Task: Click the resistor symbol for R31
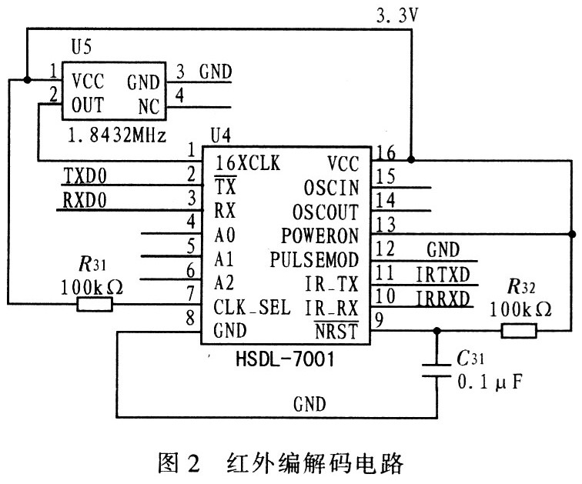95,305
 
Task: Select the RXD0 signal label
86,201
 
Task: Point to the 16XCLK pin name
247,162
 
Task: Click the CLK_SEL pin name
252,308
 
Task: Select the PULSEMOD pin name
314,259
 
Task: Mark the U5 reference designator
81,48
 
